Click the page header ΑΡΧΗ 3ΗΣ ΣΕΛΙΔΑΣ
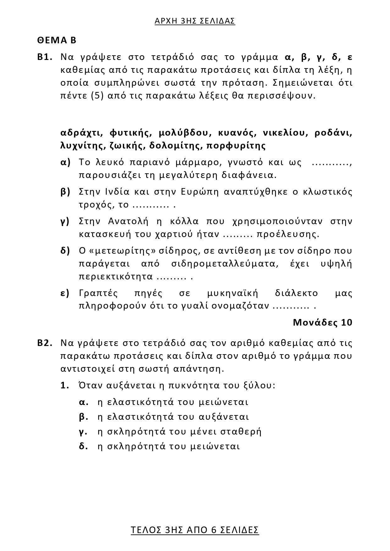coord(195,21)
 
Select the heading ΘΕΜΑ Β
coord(57,40)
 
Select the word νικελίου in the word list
coord(284,133)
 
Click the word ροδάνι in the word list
coord(333,133)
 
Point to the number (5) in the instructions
coord(97,95)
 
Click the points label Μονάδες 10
coord(323,322)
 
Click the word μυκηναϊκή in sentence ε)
coord(233,294)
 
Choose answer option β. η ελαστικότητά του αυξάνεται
coord(164,417)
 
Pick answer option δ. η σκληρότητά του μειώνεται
coord(160,446)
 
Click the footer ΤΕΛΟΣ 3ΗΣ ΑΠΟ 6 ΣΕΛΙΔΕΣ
coord(195,530)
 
